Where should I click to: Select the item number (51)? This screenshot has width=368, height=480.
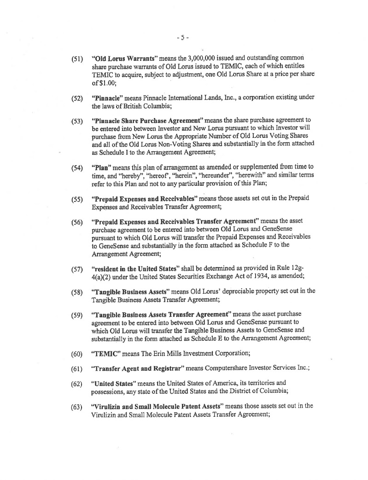pyautogui.click(x=76, y=59)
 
